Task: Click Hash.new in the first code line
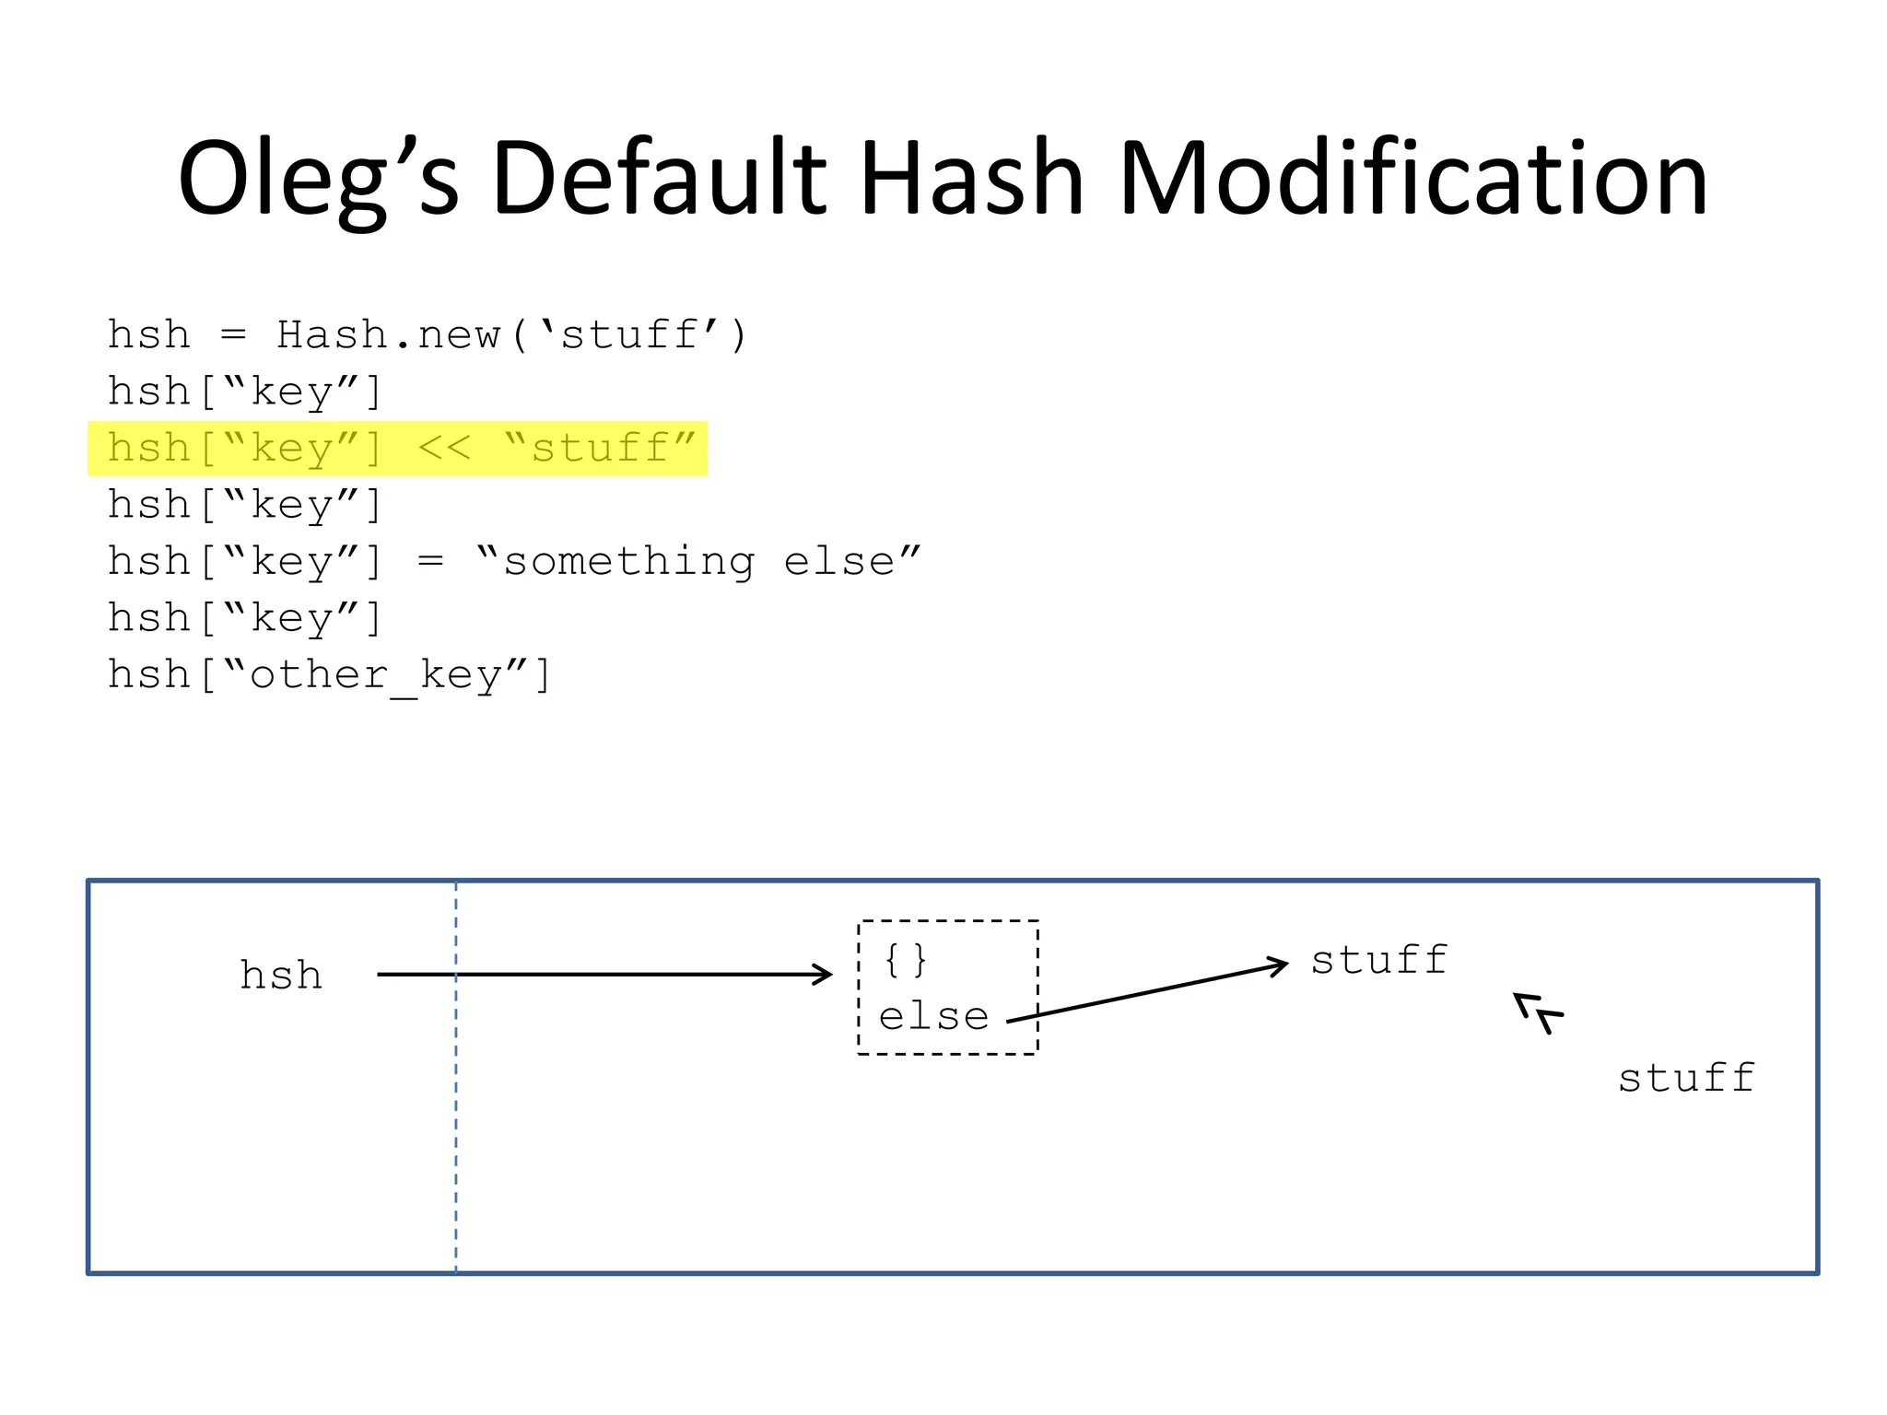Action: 389,335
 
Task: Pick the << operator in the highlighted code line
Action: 444,449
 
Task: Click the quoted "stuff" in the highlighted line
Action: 601,449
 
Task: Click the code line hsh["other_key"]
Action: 330,675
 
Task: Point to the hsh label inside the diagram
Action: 281,976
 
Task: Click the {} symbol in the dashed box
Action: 905,960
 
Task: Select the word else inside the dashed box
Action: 933,1017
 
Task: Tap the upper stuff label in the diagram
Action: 1379,961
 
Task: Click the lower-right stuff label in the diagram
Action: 1687,1079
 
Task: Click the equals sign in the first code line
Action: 234,335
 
